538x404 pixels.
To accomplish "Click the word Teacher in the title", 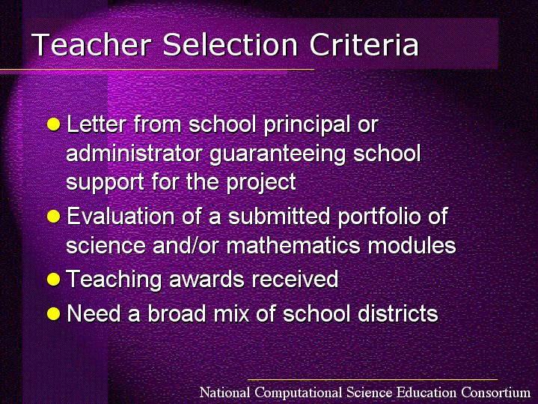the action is [91, 44].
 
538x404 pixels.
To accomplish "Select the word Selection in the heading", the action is [230, 44].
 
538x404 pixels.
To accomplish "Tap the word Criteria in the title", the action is [364, 44].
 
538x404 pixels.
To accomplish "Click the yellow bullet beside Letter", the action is [54, 124].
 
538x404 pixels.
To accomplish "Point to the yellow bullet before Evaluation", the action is [54, 217].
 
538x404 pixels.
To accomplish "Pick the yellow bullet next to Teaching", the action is [54, 279].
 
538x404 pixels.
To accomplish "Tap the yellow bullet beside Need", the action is [54, 313].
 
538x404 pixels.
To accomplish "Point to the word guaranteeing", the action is [278, 154].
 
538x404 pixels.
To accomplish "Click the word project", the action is [261, 183].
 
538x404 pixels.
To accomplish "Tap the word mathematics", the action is [293, 246].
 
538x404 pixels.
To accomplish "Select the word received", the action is [295, 279].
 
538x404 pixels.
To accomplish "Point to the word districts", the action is [398, 313].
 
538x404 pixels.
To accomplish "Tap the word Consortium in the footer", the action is [496, 392].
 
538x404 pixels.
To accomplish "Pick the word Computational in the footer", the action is [299, 393].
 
